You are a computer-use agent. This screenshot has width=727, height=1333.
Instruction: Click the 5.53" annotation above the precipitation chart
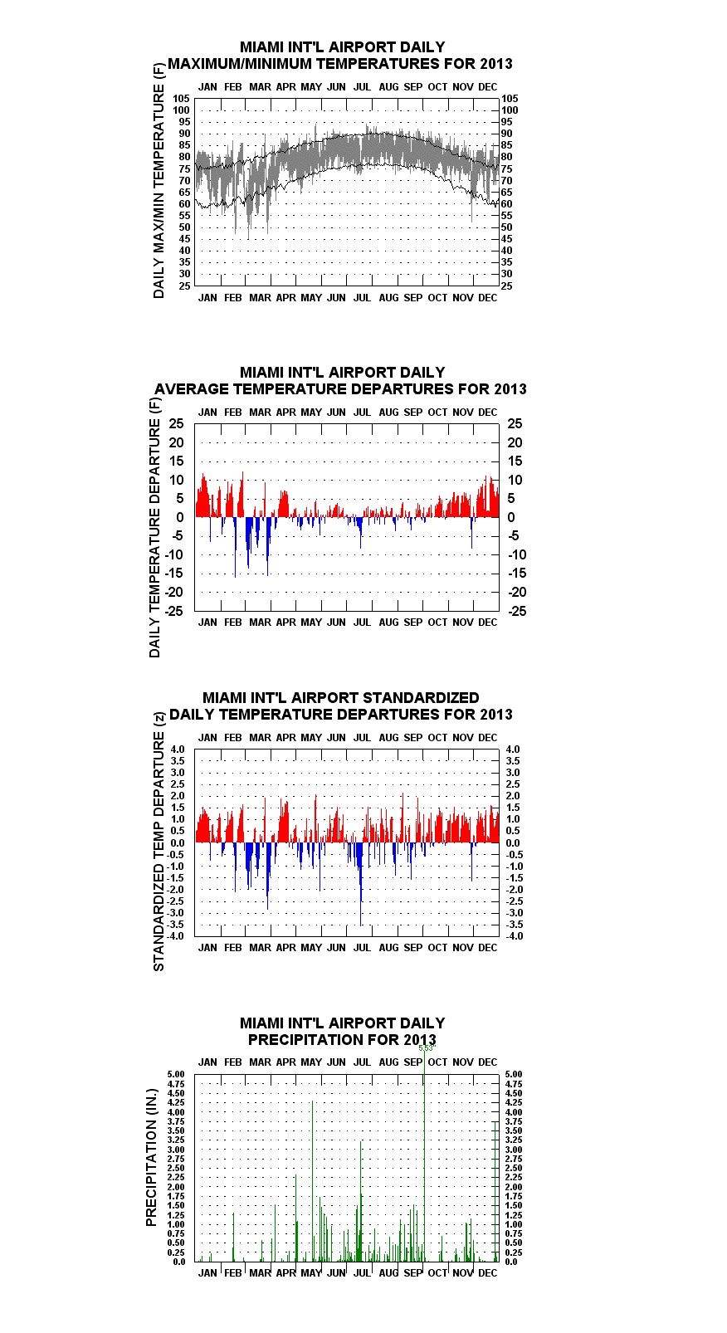tap(427, 1048)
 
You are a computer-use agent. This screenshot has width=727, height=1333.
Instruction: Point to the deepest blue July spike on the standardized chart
tap(361, 884)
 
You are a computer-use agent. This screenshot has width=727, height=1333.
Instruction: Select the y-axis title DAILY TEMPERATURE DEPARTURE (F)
tap(154, 528)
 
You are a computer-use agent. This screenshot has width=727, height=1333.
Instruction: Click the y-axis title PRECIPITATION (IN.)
tap(151, 1157)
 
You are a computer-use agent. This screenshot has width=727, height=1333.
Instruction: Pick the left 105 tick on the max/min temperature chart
tap(182, 99)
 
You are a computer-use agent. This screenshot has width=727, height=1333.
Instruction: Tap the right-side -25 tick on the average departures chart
tap(517, 611)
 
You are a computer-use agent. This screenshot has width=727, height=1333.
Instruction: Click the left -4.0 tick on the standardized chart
tap(175, 936)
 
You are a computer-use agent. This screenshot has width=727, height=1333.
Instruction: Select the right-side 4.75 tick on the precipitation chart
tap(514, 1084)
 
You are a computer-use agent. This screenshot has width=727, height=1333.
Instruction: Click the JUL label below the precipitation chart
tap(362, 1273)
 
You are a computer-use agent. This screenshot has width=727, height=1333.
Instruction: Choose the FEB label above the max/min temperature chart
tap(233, 87)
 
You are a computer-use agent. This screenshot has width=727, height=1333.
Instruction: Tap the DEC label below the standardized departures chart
tap(488, 948)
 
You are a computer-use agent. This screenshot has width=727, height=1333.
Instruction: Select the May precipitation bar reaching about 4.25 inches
tap(312, 1181)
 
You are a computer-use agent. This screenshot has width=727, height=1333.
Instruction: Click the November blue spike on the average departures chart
tap(471, 533)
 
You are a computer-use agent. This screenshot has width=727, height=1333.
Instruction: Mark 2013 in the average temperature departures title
tap(510, 389)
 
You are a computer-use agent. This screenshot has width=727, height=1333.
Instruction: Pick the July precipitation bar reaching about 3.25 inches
tap(360, 1201)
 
